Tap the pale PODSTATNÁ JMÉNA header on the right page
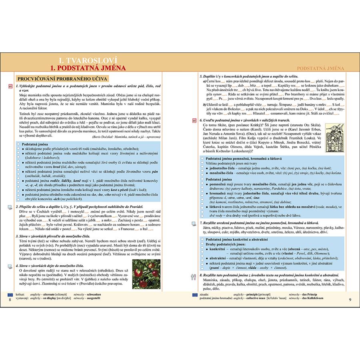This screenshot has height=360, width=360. tap(321, 69)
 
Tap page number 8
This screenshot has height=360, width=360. tap(10, 300)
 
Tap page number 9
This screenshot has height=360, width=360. tap(350, 300)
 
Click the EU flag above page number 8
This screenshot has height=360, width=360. tap(10, 294)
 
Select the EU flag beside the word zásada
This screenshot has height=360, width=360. tap(194, 294)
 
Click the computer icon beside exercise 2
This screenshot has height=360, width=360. tap(10, 207)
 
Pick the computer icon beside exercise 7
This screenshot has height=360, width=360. tap(194, 222)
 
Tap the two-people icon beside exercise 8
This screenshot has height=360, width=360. tap(194, 276)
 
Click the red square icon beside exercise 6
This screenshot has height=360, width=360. tap(194, 120)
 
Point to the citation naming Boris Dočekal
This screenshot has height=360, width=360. tap(126, 137)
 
